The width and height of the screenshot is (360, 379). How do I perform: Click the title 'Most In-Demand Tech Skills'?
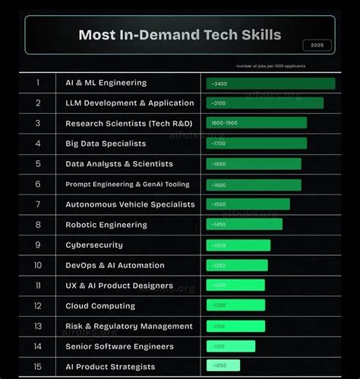(179, 35)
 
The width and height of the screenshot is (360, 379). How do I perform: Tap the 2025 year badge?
(317, 45)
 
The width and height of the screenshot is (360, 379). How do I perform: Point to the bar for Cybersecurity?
(238, 245)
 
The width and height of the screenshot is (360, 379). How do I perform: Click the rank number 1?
(38, 83)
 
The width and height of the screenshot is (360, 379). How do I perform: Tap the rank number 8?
(38, 225)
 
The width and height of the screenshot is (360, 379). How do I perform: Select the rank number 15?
(38, 367)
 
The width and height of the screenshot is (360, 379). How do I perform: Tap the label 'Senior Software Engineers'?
(118, 346)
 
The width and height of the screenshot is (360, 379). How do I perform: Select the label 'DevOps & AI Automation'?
(115, 265)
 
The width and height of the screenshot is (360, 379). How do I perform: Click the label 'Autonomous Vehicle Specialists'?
(130, 204)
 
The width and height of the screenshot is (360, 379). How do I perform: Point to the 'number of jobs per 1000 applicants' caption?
(270, 66)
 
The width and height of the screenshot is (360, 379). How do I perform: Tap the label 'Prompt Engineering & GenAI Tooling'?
(128, 184)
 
